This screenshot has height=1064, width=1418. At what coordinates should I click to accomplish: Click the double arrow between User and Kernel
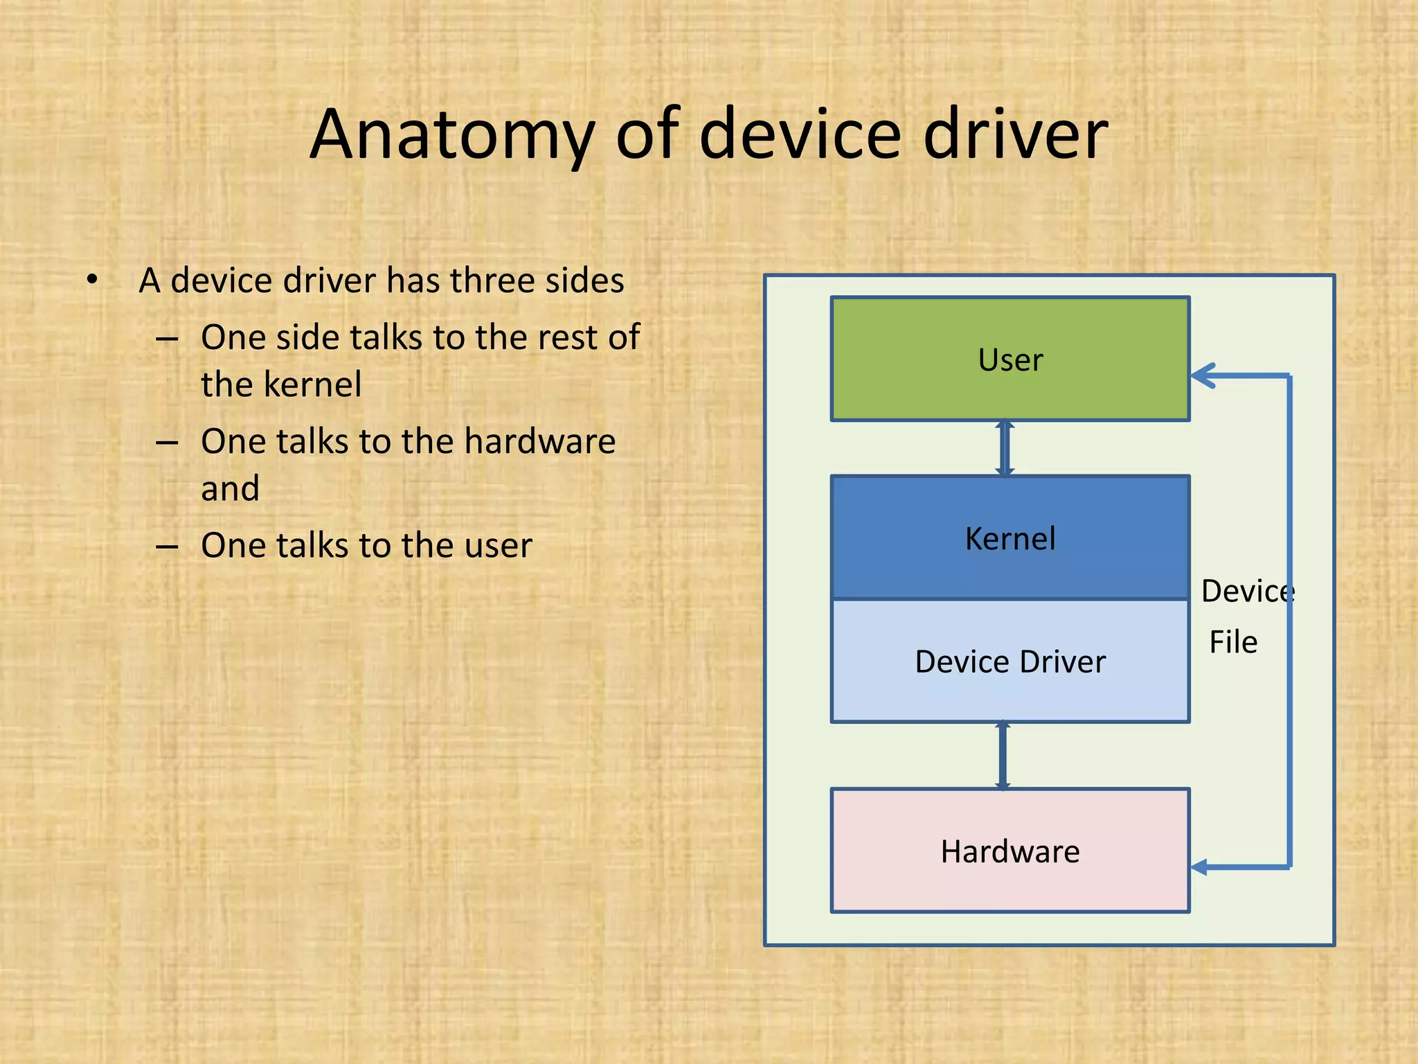click(x=1005, y=448)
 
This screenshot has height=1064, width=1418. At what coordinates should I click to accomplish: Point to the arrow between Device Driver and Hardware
click(x=1003, y=755)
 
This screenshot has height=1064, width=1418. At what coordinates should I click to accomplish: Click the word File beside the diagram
click(x=1233, y=642)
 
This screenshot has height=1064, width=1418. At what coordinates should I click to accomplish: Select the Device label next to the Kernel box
click(x=1247, y=591)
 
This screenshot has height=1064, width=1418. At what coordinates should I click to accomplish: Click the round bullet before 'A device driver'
click(x=92, y=280)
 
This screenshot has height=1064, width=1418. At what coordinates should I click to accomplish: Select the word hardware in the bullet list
click(x=539, y=441)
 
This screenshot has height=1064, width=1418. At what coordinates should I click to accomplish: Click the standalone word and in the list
click(x=230, y=488)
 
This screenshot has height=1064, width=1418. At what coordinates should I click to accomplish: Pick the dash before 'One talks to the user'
click(x=167, y=547)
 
